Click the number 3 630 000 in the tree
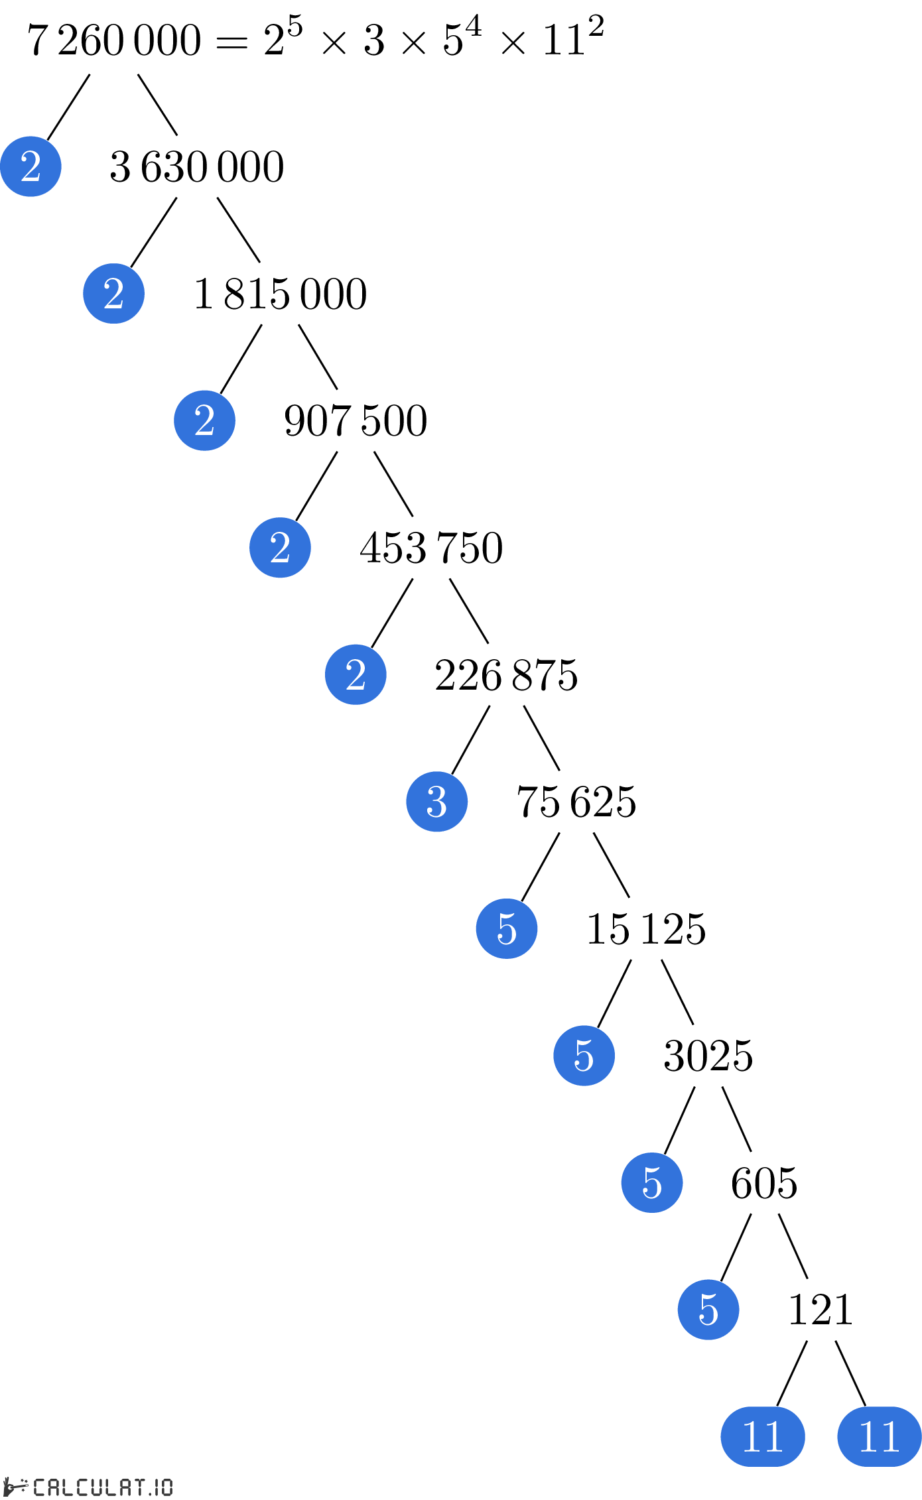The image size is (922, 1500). (197, 166)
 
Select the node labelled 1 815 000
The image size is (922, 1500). (280, 294)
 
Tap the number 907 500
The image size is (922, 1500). (356, 420)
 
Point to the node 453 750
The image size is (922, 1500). (431, 548)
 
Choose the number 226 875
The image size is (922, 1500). (506, 675)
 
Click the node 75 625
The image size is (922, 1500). (576, 802)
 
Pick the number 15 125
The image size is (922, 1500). (646, 928)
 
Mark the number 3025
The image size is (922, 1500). (708, 1056)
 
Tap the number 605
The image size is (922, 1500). (764, 1183)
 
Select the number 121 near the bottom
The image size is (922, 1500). (821, 1310)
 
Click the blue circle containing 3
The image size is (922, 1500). (437, 802)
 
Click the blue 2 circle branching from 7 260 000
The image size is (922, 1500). (31, 166)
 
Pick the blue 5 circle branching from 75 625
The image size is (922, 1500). (507, 928)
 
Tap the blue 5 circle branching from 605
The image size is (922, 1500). (708, 1310)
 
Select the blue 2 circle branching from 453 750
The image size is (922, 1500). (356, 674)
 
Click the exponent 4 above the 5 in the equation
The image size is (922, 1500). (473, 27)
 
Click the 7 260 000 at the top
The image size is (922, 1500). (114, 40)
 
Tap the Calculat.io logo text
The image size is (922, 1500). (103, 1487)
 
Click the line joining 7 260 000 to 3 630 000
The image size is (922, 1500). (158, 105)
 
